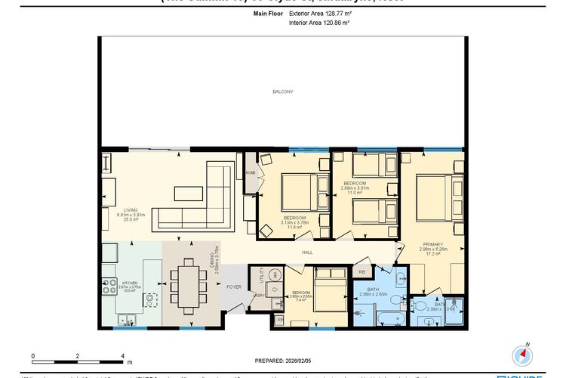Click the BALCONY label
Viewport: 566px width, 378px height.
[282, 91]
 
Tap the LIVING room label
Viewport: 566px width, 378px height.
[125, 211]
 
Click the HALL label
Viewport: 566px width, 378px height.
[307, 253]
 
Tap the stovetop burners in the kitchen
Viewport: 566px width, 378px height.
[106, 286]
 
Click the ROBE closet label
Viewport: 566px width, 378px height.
[249, 172]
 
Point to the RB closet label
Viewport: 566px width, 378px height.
[361, 271]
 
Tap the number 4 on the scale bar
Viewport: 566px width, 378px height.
[122, 354]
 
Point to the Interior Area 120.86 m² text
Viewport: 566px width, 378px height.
[319, 23]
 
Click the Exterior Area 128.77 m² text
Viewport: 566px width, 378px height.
[319, 13]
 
